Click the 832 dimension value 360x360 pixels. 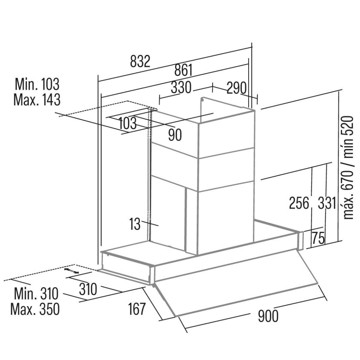[x=140, y=61]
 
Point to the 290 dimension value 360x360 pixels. [x=237, y=88]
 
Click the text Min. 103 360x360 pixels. [x=37, y=84]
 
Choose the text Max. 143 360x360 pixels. [x=37, y=100]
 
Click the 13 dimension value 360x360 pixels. [x=135, y=224]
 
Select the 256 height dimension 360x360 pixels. [x=299, y=203]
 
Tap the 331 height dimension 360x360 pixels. [x=327, y=203]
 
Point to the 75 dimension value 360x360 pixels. [x=318, y=238]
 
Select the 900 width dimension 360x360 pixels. [x=268, y=316]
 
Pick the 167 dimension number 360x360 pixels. [x=137, y=309]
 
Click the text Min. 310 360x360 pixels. [x=36, y=294]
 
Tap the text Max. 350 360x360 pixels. [x=35, y=309]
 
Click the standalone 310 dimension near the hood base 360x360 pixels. [x=88, y=289]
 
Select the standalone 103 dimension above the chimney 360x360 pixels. [x=128, y=123]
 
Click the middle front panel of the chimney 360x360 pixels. [x=226, y=170]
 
